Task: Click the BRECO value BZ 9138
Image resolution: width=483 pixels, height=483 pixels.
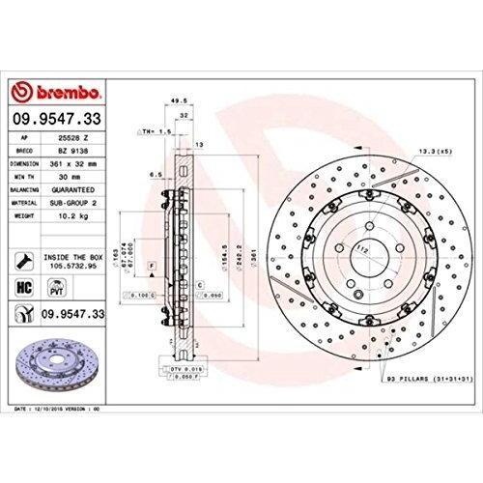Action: (x=83, y=152)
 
